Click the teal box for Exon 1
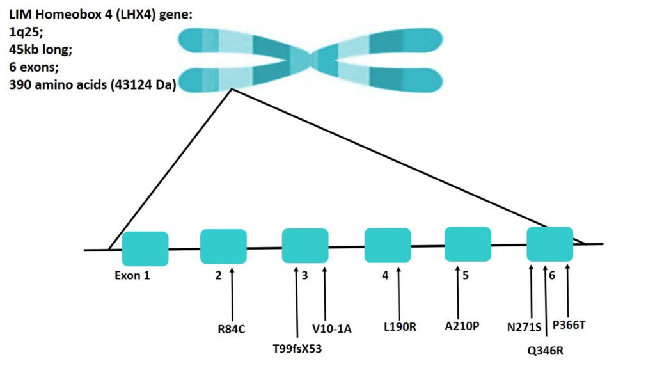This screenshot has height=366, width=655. coord(145,248)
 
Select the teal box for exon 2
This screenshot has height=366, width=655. coord(223,246)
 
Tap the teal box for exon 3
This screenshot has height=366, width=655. coord(305,246)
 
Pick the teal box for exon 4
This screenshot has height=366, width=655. coord(387,245)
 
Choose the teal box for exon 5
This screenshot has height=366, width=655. coord(468,244)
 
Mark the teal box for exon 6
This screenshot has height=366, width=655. coord(549,244)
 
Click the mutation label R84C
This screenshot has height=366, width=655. coord(232,330)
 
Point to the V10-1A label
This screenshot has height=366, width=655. coord(332,329)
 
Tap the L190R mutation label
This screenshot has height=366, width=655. coord(400,328)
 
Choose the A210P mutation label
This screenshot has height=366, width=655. coord(462,326)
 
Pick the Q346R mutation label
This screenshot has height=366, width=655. coord(546,350)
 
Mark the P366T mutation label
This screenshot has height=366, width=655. coord(569,324)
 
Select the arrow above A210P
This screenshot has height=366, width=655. coord(458,291)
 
